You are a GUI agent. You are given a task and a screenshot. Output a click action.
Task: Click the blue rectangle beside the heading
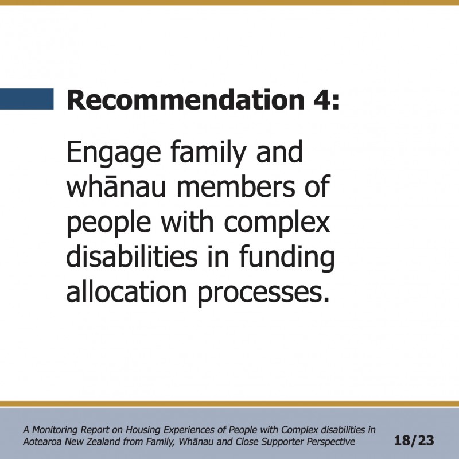[x=26, y=99]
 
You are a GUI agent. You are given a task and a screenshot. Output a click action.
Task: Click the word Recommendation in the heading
[x=186, y=100]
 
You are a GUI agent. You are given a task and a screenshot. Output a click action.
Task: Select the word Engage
[x=114, y=153]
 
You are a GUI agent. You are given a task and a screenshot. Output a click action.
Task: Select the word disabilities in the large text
[x=132, y=255]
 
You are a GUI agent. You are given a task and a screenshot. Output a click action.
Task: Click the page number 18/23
[x=414, y=441]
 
